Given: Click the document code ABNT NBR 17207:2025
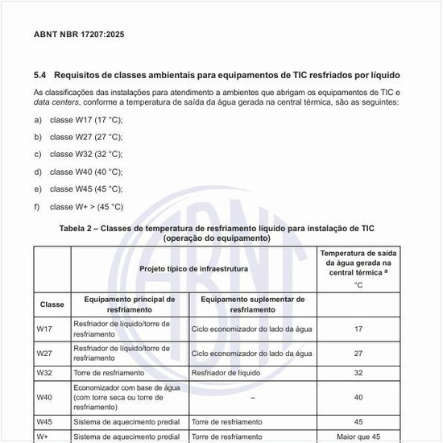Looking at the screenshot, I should point(79,35).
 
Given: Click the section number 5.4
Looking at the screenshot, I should point(40,75).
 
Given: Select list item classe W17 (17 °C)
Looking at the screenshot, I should point(86,120).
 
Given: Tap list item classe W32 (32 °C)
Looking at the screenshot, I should point(86,154).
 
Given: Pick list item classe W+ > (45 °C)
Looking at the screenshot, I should point(87,206).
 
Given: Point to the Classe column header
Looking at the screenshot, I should point(52,305).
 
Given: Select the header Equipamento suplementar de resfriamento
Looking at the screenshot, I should point(252,304).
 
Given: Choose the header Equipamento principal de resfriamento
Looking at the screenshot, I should point(130,304).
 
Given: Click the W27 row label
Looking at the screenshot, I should point(45,353).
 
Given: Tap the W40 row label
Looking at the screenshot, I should point(45,397).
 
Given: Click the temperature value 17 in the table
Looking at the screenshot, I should point(358,329).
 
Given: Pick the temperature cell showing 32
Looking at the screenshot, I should point(358,374).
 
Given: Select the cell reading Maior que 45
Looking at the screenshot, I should point(358,437).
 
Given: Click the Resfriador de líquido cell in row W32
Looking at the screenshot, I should point(221,374).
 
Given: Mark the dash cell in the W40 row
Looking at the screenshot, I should point(253,397).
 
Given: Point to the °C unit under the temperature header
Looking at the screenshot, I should point(358,285).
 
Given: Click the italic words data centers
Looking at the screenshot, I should point(61,103).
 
